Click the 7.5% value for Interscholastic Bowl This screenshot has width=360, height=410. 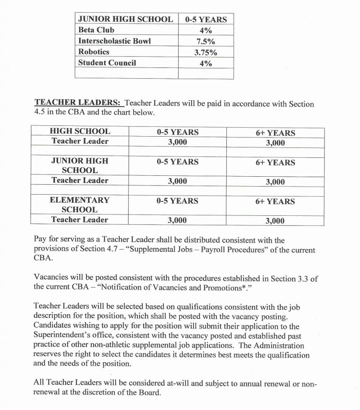[206, 41]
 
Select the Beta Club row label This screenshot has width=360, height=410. [96, 30]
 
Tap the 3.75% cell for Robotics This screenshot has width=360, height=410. [206, 52]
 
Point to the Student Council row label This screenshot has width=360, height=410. [107, 63]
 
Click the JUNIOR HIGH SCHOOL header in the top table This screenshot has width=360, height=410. [125, 19]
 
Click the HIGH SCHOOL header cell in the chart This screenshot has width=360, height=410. [80, 132]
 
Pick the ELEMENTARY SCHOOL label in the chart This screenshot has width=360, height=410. [80, 205]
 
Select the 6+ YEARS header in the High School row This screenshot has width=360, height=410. [275, 133]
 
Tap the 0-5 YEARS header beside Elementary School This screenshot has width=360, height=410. [177, 201]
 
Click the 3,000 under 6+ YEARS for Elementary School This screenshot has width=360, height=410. [275, 221]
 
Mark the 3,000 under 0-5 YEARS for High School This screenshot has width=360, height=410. [177, 143]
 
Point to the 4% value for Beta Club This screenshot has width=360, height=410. [206, 30]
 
